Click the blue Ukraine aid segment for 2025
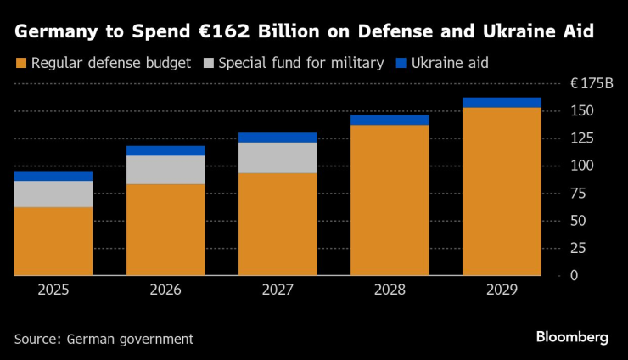tap(53, 176)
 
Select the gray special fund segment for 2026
tap(165, 170)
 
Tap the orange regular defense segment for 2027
tap(278, 224)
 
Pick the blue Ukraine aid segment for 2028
tap(390, 120)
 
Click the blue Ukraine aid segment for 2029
tap(502, 103)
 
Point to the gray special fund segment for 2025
tap(53, 194)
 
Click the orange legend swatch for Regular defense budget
tap(20, 62)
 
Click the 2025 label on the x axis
tap(53, 290)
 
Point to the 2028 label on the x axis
tap(390, 290)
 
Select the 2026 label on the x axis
tap(165, 290)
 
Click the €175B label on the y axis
tap(591, 83)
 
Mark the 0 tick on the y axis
tap(574, 276)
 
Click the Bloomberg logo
tap(572, 337)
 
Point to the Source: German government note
tap(104, 339)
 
